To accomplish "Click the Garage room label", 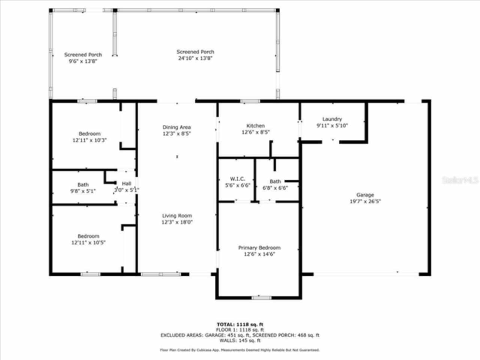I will tap(365, 195).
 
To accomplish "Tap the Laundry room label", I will tap(332, 119).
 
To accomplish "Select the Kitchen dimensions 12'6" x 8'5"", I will tap(255, 132).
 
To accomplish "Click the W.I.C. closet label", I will tap(237, 179).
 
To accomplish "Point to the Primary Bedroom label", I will tap(259, 247).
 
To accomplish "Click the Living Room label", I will tap(177, 216).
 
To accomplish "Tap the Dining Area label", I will tap(176, 127).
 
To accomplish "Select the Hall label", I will tap(126, 183).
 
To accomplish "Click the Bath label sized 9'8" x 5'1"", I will tap(83, 184).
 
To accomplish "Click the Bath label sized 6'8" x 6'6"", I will tap(275, 181).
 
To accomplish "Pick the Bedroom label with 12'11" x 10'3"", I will tap(90, 133).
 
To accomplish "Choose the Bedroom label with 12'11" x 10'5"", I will tap(88, 236).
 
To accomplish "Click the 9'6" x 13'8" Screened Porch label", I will tap(83, 55).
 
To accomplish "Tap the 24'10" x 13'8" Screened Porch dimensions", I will tap(195, 58).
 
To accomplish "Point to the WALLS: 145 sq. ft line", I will tap(240, 340).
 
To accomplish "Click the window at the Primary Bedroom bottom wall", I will tap(261, 298).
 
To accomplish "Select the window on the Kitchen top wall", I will tap(250, 101).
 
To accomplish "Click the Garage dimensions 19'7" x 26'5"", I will tap(365, 201).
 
